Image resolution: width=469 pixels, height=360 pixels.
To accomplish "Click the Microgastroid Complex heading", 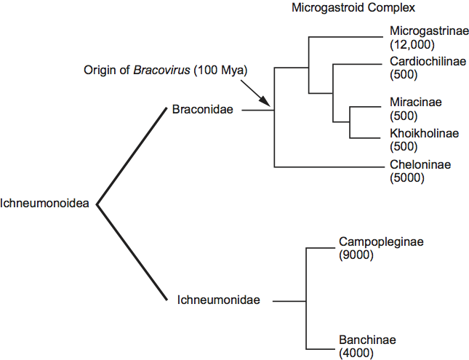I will pos(342,9).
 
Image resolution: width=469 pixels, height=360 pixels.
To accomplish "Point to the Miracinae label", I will pos(415,103).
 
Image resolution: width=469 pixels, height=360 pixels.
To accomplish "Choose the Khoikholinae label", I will pos(423,133).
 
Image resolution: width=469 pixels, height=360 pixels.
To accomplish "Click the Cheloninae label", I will pos(420,164).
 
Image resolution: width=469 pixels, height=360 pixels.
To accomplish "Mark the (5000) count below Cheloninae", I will pos(407,177).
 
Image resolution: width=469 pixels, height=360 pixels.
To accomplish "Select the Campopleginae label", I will pos(380,241).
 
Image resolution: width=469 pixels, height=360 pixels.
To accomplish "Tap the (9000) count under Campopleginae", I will pos(356,255).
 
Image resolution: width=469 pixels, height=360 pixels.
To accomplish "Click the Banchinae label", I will pos(368,340).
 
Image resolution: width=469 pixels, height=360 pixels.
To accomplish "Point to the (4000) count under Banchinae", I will pos(356,353).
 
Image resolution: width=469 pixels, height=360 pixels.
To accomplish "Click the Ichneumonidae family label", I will pos(219,300).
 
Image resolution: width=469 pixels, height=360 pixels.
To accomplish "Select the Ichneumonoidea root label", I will pos(45,204).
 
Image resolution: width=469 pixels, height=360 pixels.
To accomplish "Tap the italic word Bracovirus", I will pos(169,71).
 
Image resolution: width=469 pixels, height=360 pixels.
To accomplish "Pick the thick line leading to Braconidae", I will pos(132,156).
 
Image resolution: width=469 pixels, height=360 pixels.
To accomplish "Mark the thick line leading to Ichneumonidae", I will pos(132,252).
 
